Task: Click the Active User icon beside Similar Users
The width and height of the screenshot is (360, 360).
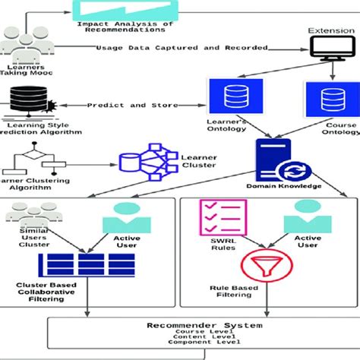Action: [125, 216]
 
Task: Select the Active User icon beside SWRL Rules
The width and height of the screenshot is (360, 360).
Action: [308, 216]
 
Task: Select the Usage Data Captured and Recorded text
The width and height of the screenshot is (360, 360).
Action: [182, 48]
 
